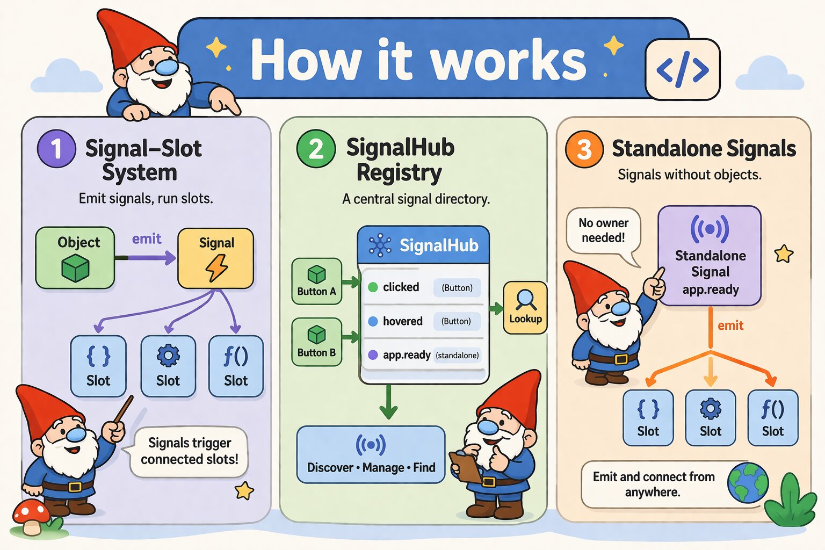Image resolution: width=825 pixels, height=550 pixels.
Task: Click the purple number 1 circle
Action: coord(56,149)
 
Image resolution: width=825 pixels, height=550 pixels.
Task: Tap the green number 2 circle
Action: coord(316,148)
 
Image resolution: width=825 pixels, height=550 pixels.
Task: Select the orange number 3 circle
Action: coord(584,149)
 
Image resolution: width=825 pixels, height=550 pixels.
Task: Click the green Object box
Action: coord(75,258)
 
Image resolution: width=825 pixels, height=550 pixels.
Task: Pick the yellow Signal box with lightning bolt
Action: coord(216,258)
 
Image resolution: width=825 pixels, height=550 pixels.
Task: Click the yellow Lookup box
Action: coord(525,307)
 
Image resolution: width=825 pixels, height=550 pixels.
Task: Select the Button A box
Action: coord(316,281)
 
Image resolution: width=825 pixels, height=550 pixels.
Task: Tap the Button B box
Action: coord(316,342)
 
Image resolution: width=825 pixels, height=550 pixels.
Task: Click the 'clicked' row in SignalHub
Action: coord(424,287)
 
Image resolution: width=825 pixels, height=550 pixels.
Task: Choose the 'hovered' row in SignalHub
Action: coord(424,321)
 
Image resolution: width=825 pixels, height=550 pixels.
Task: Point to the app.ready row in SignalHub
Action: coord(424,355)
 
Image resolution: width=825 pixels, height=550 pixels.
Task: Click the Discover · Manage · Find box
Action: coord(371,454)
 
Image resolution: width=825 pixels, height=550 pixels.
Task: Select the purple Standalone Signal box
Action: coord(710,256)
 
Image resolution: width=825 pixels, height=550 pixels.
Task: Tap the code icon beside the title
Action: coord(682,69)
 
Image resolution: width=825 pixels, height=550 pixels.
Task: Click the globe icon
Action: coord(748,482)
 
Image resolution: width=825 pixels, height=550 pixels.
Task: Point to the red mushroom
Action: coord(31,516)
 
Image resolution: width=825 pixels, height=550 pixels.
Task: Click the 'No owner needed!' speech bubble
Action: coord(603,231)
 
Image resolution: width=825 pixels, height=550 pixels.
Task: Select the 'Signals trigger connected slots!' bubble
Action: coord(189,451)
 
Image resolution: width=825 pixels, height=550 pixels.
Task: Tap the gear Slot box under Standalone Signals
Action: coord(710,417)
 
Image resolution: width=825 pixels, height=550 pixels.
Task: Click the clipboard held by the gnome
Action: coord(466,466)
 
